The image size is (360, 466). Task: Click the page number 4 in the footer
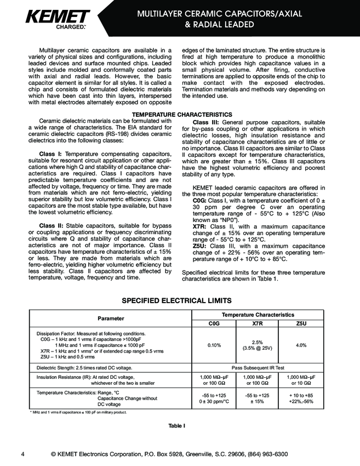(x=22, y=454)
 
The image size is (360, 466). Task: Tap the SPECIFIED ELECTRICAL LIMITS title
(x=180, y=300)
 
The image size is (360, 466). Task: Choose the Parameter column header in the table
(x=111, y=319)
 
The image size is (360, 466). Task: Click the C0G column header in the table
(x=214, y=323)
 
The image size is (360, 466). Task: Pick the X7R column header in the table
(x=257, y=323)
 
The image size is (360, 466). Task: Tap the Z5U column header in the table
(x=301, y=323)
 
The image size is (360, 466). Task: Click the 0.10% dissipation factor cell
(x=214, y=345)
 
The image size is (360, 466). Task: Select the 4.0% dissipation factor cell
(x=301, y=345)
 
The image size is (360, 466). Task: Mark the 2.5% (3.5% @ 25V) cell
(x=257, y=345)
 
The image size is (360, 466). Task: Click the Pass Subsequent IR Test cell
(x=257, y=367)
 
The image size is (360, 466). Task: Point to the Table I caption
(x=176, y=425)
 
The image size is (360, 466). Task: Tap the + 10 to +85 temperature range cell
(x=301, y=395)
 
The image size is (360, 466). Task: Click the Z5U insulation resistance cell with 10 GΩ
(x=301, y=380)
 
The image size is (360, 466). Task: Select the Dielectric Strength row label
(x=84, y=367)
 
